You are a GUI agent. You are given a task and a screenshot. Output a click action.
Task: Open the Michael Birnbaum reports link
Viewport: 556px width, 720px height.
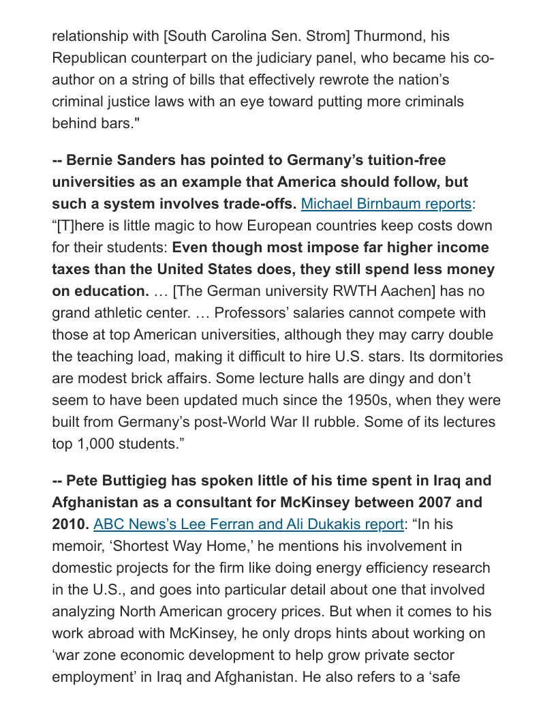coord(386,203)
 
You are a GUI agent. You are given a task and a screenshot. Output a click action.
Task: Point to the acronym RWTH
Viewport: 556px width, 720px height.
coord(357,291)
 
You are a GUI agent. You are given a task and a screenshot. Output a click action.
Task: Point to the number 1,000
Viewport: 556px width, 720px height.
coord(104,444)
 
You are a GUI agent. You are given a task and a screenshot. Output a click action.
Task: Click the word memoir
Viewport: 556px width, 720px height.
coord(77,546)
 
